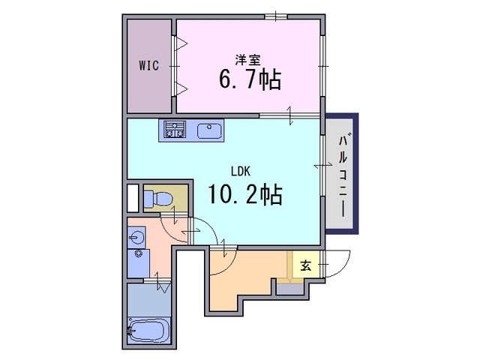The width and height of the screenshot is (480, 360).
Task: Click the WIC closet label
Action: (x=149, y=65)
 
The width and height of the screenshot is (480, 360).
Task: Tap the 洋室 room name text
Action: (x=248, y=60)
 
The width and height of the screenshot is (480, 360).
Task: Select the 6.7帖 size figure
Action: (x=250, y=79)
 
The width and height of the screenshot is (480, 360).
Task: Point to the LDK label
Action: (x=241, y=172)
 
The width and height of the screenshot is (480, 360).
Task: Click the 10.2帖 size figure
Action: (x=245, y=194)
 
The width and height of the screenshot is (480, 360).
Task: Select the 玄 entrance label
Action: (x=305, y=265)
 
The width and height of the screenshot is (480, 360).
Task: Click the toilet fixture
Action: (x=158, y=198)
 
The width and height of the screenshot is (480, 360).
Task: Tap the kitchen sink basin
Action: (x=210, y=131)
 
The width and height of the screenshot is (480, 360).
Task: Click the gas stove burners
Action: (x=175, y=129)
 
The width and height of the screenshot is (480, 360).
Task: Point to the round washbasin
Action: (x=135, y=237)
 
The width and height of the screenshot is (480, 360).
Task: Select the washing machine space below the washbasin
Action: (x=139, y=263)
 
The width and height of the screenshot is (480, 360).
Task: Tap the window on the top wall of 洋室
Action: (x=276, y=16)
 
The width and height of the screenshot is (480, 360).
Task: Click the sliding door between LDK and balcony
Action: (x=322, y=165)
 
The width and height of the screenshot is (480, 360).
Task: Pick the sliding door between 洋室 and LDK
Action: (x=289, y=115)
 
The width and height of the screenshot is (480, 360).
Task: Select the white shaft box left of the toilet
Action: (x=133, y=198)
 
